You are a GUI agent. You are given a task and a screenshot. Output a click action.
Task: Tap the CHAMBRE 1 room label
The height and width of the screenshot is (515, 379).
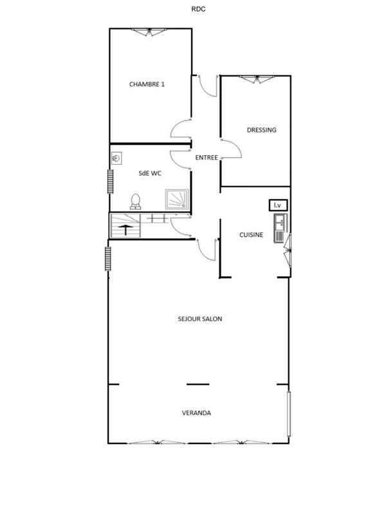point(147,84)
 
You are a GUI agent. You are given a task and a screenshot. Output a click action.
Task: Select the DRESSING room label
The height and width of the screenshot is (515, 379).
point(261,130)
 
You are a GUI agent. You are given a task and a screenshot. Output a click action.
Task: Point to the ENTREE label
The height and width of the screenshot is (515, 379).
point(207,157)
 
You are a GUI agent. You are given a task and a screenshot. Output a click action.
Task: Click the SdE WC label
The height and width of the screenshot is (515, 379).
point(150,173)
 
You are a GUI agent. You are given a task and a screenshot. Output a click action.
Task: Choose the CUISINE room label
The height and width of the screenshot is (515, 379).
point(251,235)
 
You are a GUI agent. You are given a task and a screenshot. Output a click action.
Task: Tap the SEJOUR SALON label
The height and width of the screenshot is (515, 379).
point(200,319)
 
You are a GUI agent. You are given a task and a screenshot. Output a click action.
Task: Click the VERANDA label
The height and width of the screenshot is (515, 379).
point(197,413)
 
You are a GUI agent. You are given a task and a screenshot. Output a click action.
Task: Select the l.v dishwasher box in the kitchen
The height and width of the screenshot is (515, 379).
point(278,205)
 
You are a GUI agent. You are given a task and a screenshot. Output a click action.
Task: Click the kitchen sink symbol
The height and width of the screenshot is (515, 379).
point(280,229)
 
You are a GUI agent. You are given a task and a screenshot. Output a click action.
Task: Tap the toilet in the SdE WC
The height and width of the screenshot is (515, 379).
point(135,201)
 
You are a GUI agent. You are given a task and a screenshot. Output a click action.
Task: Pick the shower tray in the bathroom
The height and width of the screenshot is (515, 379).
point(178,199)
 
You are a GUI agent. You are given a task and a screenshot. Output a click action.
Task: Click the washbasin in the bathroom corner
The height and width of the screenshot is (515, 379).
point(117,158)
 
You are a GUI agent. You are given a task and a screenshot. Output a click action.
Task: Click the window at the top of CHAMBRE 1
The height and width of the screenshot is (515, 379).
point(151,32)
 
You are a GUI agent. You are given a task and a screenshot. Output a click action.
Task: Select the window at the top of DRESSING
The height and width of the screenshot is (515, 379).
point(255,79)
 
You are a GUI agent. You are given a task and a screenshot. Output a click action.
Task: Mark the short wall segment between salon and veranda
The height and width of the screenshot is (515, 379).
point(198,384)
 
